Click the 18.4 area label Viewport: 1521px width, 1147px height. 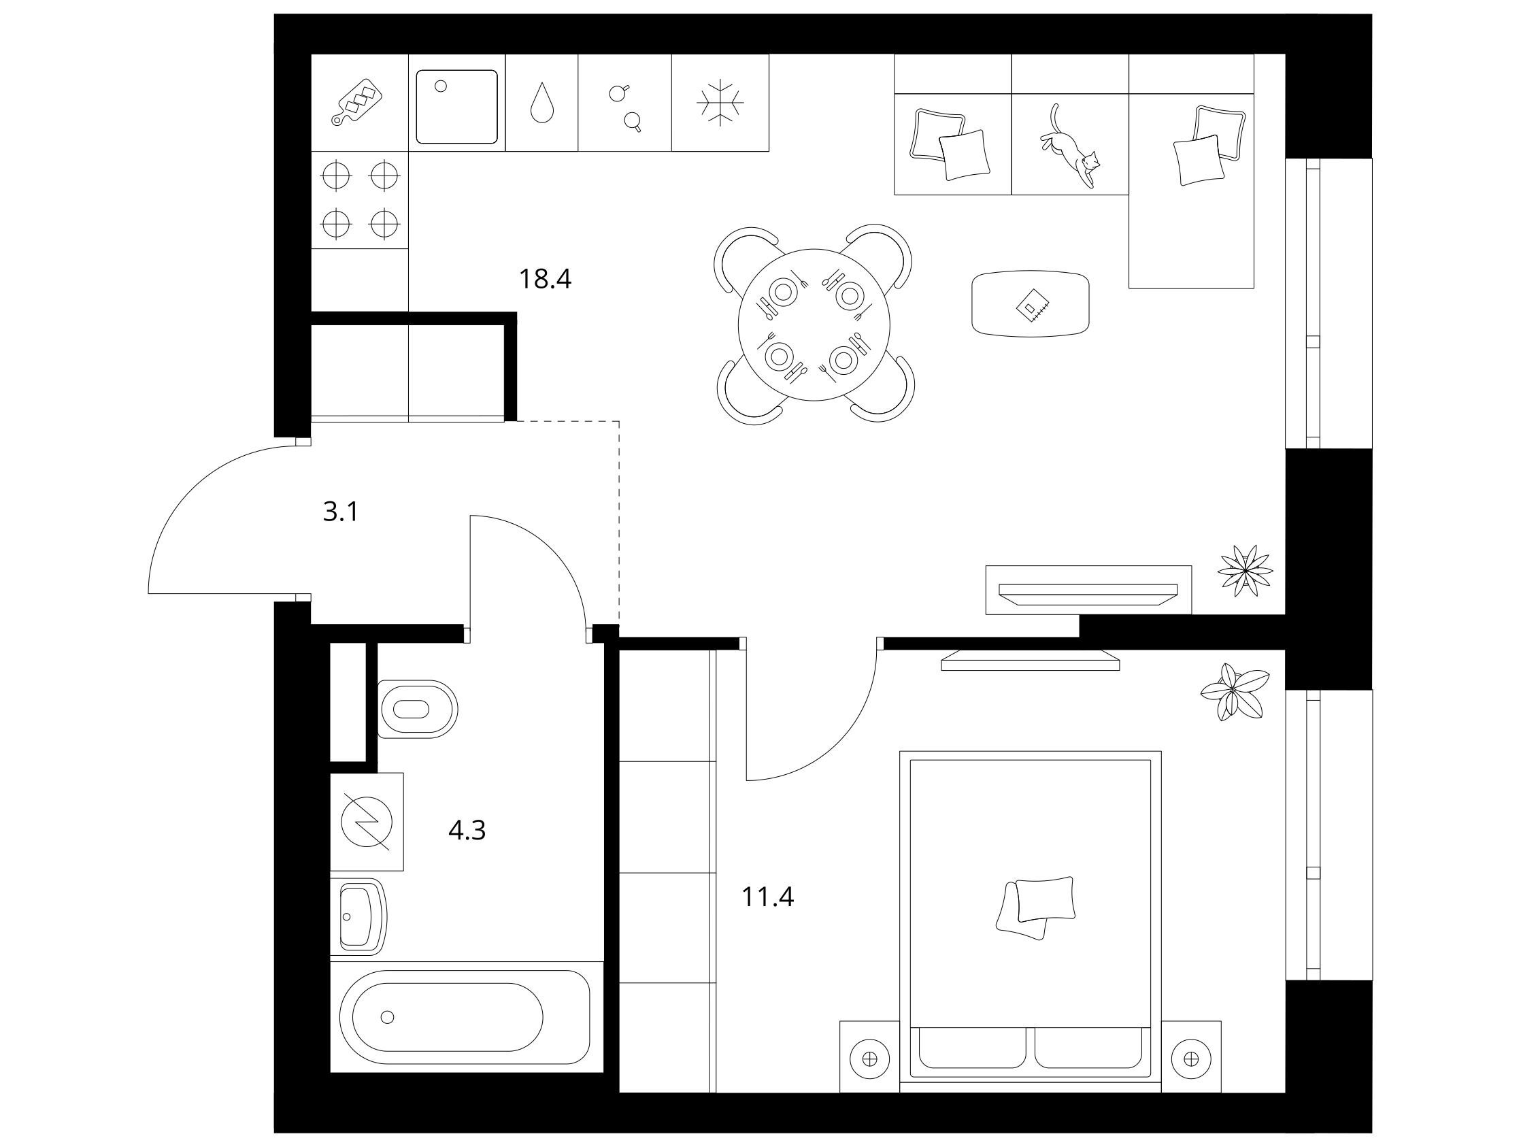click(x=546, y=279)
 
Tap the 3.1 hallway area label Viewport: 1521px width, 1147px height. click(x=341, y=512)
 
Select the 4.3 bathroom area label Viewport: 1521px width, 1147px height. click(x=467, y=831)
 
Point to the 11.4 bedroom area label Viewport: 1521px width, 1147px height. click(x=768, y=897)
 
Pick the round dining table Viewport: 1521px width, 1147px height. click(x=814, y=325)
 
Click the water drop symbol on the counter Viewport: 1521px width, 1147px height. click(x=542, y=103)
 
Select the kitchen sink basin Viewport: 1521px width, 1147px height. click(x=456, y=107)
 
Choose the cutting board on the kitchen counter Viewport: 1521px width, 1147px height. click(x=357, y=103)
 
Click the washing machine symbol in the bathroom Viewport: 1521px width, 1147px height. click(x=367, y=822)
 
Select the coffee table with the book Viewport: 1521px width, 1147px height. click(x=1030, y=303)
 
